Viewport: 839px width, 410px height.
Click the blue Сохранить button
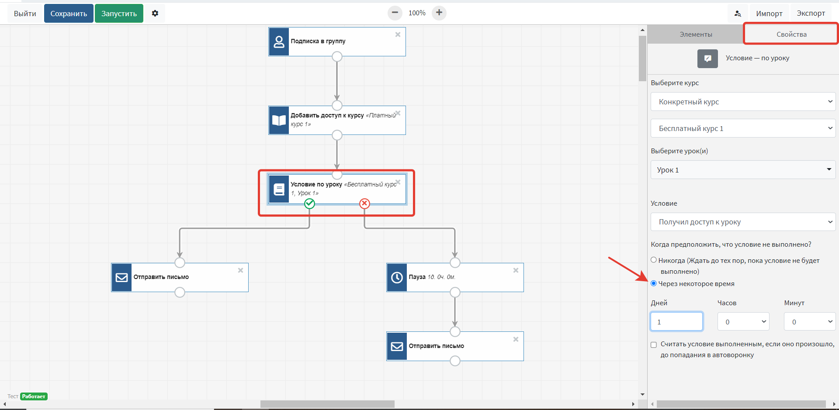pos(69,14)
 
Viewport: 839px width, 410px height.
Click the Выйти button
pos(25,14)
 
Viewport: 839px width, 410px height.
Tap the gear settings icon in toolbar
pos(155,14)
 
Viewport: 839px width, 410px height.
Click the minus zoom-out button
pos(395,13)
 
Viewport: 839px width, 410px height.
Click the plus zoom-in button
pos(439,13)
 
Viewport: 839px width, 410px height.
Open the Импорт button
pos(769,14)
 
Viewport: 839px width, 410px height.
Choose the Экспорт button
pos(811,14)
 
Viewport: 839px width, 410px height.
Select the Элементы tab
pos(696,34)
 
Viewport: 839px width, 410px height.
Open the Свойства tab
pos(791,34)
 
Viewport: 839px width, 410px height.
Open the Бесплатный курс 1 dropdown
pos(743,128)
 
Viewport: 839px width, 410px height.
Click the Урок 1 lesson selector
pos(743,170)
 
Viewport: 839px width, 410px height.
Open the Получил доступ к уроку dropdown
pos(743,222)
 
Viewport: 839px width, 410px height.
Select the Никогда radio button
pos(654,260)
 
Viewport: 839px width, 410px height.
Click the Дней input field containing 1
pos(676,322)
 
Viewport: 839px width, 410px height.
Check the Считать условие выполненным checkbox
pos(654,345)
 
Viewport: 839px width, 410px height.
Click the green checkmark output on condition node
pos(309,203)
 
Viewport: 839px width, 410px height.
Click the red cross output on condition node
pos(364,203)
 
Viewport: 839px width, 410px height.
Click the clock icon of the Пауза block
pos(397,277)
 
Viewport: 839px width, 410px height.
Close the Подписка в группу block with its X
pos(398,34)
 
